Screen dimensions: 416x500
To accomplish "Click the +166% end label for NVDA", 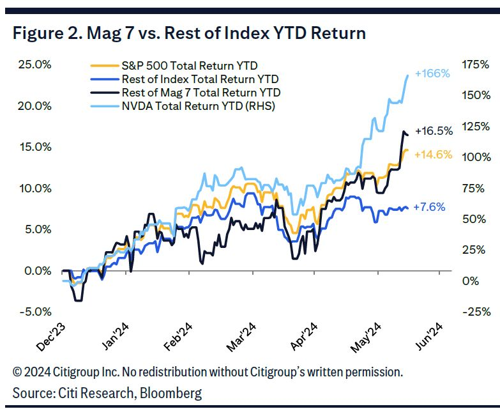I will point(432,73).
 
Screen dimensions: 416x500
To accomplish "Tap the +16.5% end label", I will point(434,131).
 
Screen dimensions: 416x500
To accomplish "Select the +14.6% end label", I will point(433,155).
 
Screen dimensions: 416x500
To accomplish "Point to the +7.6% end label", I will point(428,207).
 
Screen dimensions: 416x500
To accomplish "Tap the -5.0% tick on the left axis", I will point(32,312).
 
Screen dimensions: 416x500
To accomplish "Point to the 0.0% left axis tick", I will point(34,271).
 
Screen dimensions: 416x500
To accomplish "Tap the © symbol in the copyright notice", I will point(17,372).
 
